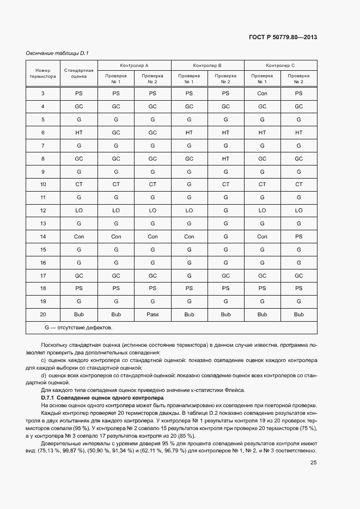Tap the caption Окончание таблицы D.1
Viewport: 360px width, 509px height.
click(57, 53)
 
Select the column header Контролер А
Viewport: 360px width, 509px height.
click(134, 65)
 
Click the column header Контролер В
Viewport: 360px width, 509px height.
click(207, 65)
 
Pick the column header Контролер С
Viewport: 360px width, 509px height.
click(280, 65)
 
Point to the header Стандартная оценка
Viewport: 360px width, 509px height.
click(79, 73)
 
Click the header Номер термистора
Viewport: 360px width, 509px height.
click(43, 73)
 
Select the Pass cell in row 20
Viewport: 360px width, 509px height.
click(152, 315)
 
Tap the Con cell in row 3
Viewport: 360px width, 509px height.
click(262, 93)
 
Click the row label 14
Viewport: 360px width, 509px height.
click(43, 236)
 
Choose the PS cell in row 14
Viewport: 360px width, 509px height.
click(298, 236)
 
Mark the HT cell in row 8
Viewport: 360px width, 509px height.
click(225, 158)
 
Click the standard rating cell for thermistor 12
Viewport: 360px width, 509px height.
click(79, 210)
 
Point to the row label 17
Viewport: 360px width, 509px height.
click(43, 275)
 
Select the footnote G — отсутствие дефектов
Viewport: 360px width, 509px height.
click(78, 328)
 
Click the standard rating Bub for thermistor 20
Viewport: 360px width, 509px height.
click(79, 315)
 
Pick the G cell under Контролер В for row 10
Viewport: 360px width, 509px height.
click(189, 184)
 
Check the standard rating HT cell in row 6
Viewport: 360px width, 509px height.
click(79, 132)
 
